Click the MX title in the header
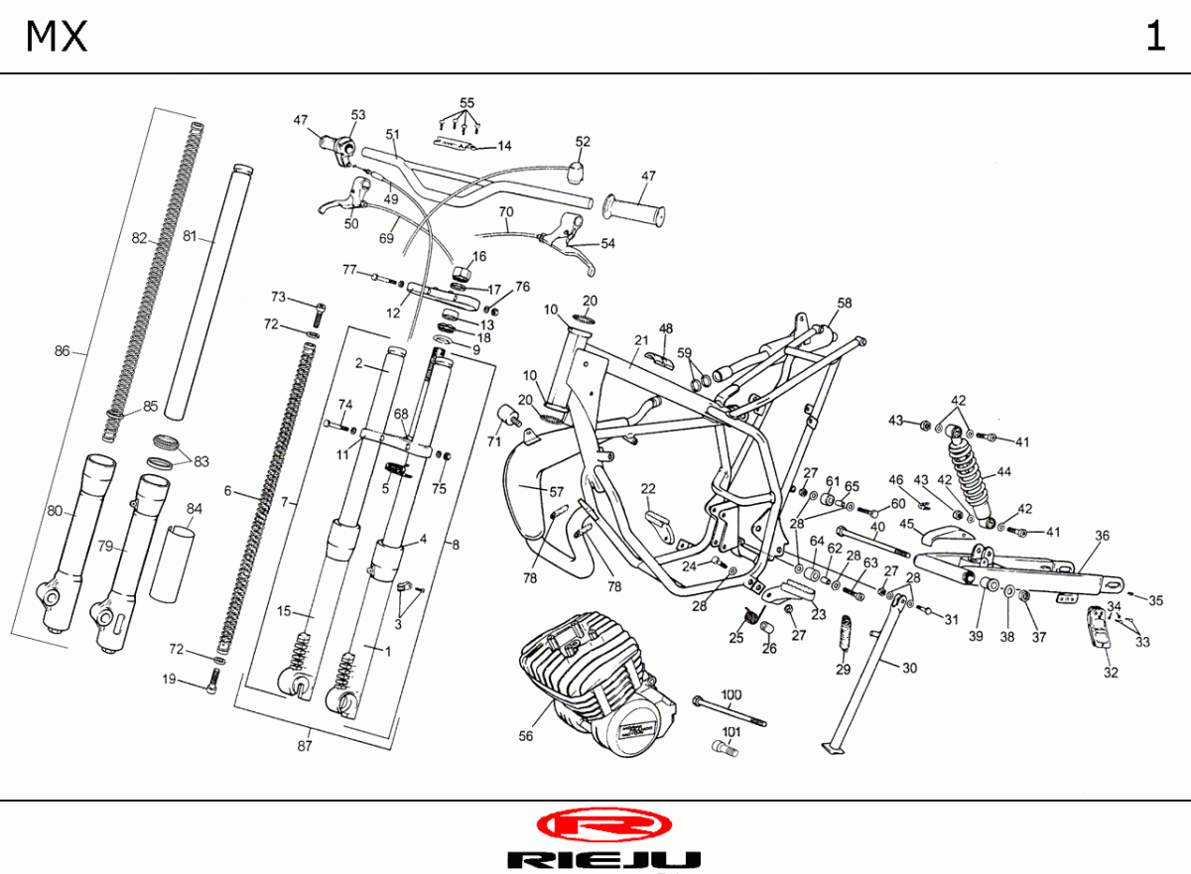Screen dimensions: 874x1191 57,37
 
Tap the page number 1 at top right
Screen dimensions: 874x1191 1154,37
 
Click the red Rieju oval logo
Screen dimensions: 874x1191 603,825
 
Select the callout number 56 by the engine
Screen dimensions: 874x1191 526,736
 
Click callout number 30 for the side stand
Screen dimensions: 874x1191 909,668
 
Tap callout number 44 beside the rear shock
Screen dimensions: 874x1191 1004,472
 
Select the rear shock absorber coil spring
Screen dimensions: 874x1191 963,466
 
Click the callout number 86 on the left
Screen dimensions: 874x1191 63,350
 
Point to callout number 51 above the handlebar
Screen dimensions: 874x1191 392,134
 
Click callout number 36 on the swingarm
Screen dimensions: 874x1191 1102,536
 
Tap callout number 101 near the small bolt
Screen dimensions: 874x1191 730,733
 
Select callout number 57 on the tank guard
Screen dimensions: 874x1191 556,491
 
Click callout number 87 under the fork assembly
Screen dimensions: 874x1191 305,746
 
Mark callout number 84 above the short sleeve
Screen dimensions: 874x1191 194,509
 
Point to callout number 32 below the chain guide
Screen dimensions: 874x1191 1111,673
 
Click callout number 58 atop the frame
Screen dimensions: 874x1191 845,303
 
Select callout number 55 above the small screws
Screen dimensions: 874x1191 466,103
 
